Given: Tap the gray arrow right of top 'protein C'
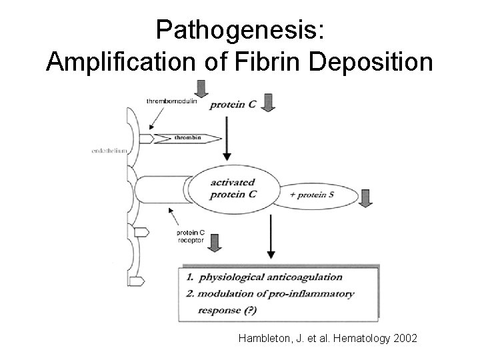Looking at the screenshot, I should (x=268, y=103).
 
